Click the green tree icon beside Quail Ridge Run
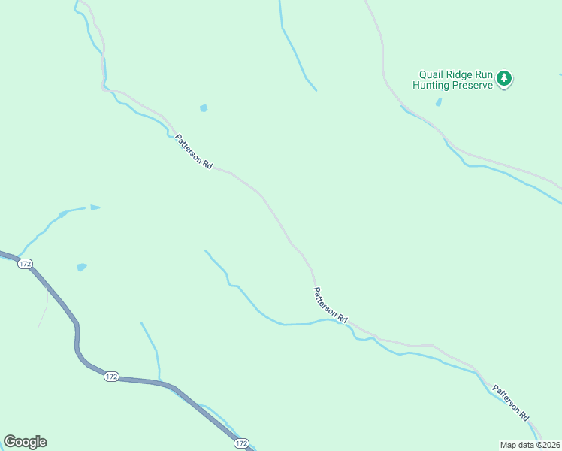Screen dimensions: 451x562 pyautogui.click(x=505, y=78)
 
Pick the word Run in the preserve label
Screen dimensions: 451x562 pyautogui.click(x=483, y=75)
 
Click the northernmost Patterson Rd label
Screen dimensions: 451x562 pyautogui.click(x=194, y=151)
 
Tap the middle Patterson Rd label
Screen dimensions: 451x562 pyautogui.click(x=331, y=305)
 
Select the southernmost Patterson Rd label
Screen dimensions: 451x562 pyautogui.click(x=511, y=403)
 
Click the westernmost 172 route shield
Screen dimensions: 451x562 pyautogui.click(x=26, y=264)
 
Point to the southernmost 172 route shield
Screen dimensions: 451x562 pyautogui.click(x=240, y=444)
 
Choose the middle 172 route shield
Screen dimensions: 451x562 pyautogui.click(x=111, y=377)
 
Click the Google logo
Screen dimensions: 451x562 pyautogui.click(x=25, y=442)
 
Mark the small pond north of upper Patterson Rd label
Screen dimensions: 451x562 pyautogui.click(x=203, y=108)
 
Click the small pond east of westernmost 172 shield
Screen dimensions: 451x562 pyautogui.click(x=81, y=267)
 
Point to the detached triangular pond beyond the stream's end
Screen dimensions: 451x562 pyautogui.click(x=95, y=207)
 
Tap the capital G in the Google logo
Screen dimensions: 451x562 pyautogui.click(x=10, y=441)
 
